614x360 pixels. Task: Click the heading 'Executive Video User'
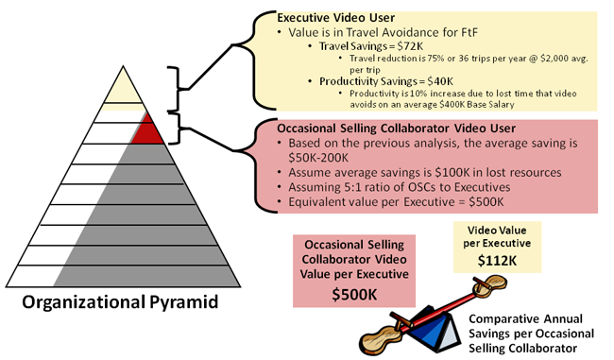[337, 18]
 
